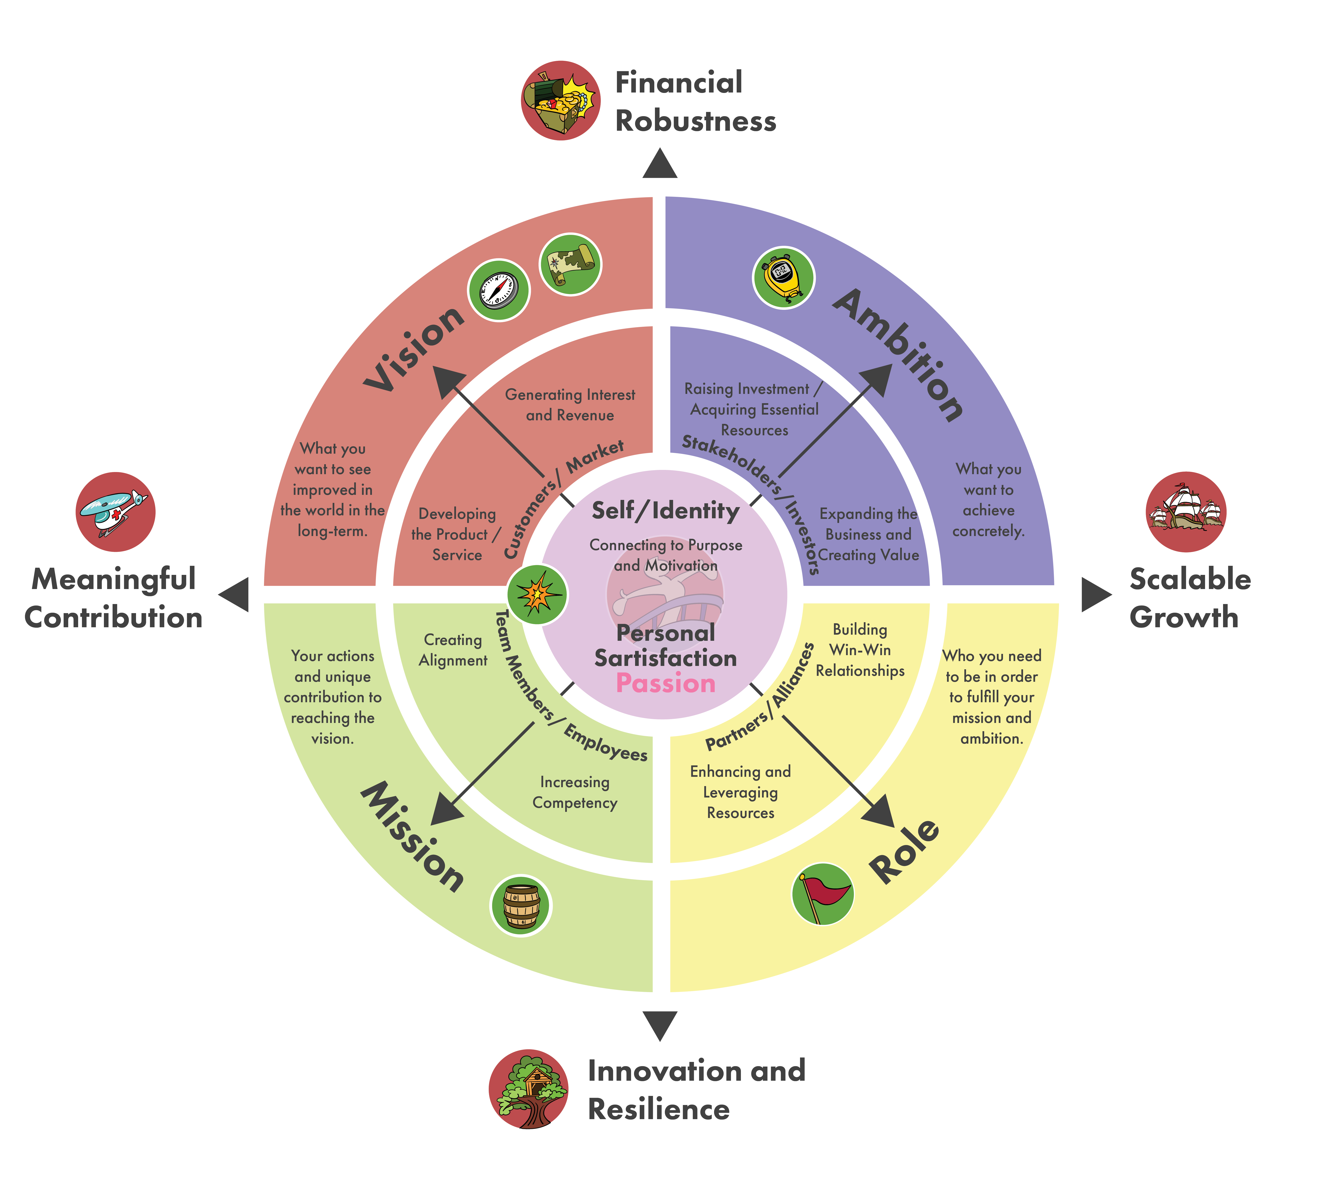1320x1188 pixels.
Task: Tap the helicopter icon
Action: pos(116,512)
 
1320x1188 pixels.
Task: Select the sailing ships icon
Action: pos(1185,512)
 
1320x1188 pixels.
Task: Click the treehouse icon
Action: pos(528,1089)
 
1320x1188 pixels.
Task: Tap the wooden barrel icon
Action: pos(521,906)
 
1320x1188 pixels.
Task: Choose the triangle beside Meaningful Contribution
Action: pos(235,595)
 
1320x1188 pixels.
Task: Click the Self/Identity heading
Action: pos(665,510)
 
